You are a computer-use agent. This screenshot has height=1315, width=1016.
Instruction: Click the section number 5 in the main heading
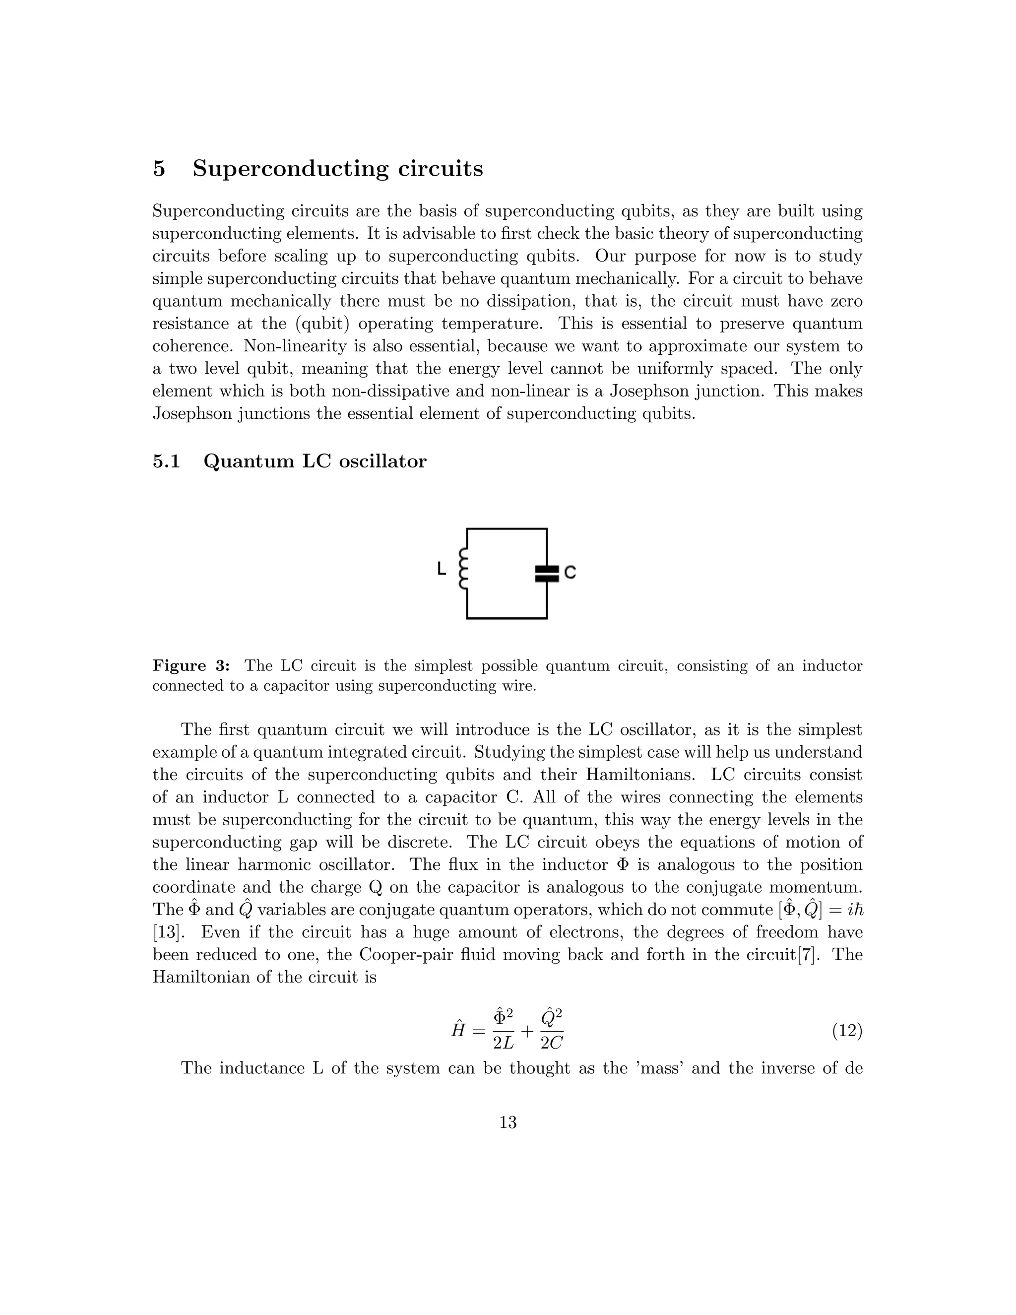pos(158,169)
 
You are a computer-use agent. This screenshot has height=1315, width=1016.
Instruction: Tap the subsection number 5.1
pos(166,461)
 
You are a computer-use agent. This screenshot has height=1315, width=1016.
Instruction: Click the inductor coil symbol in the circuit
pos(463,568)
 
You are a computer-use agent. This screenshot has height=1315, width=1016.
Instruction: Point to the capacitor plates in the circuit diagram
pos(547,573)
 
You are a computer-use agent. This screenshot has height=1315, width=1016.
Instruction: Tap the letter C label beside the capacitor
pos(571,572)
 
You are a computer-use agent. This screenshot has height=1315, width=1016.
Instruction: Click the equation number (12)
pos(847,1032)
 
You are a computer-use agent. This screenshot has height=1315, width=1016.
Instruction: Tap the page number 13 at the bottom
pos(508,1122)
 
